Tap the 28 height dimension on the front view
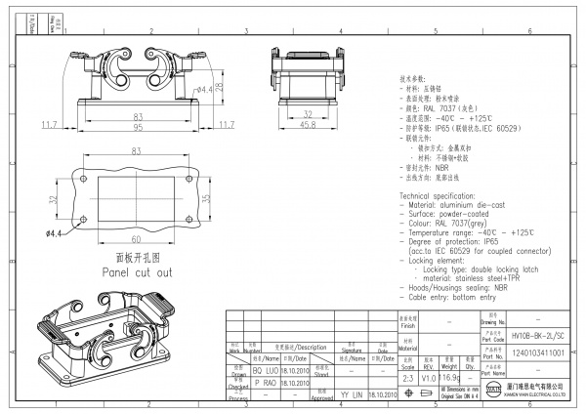pyautogui.click(x=222, y=87)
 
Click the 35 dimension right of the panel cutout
pyautogui.click(x=204, y=199)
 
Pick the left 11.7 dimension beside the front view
pyautogui.click(x=48, y=125)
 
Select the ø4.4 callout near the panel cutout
pyautogui.click(x=55, y=234)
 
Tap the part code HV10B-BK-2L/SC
pyautogui.click(x=539, y=335)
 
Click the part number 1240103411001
pyautogui.click(x=539, y=352)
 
